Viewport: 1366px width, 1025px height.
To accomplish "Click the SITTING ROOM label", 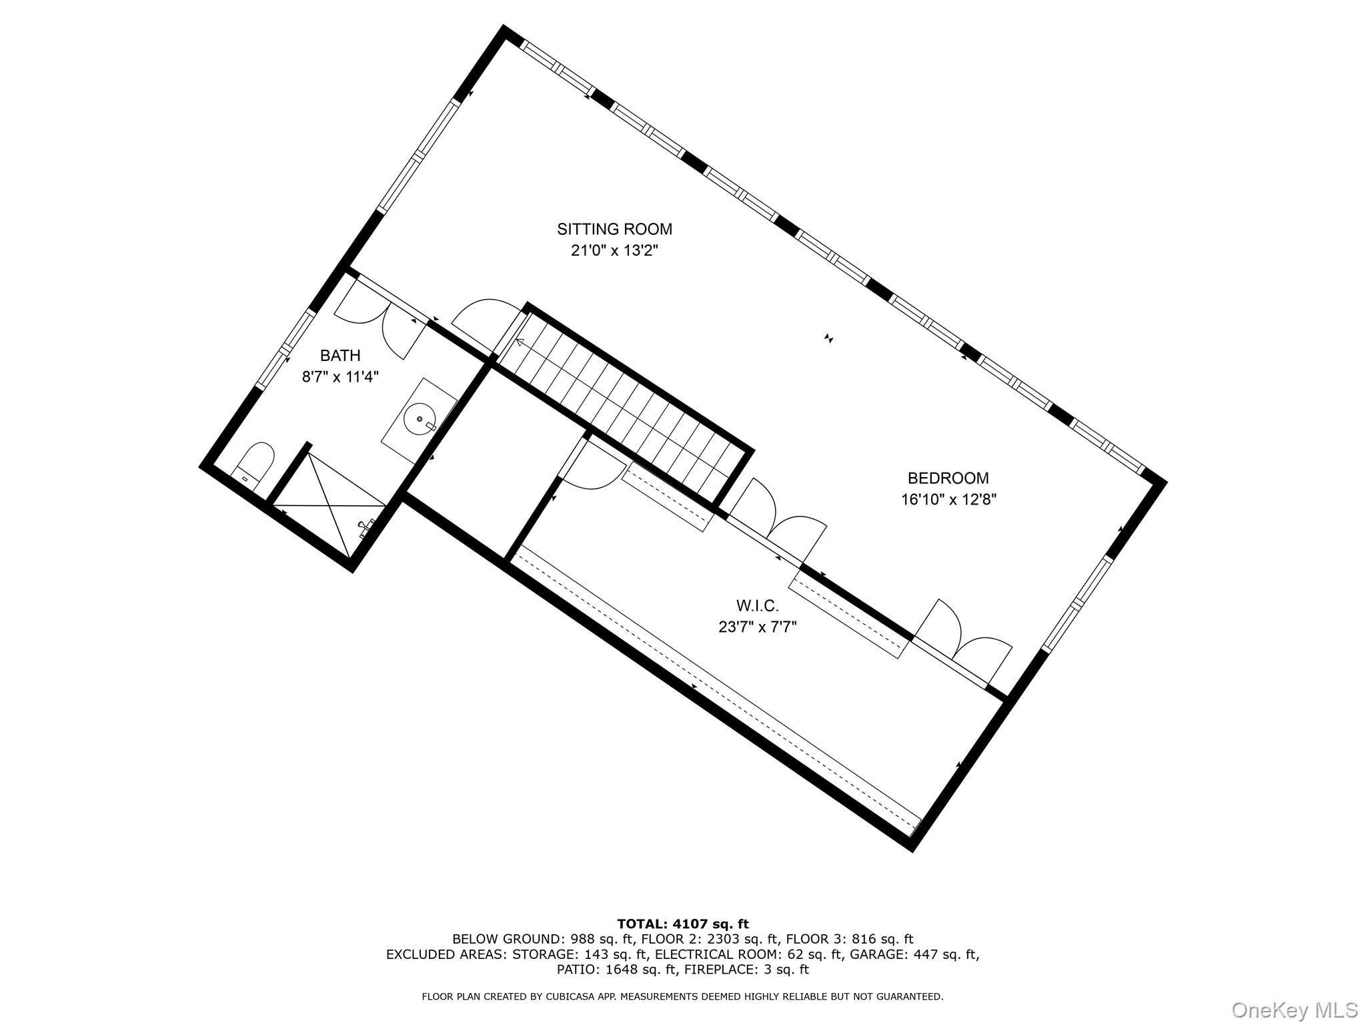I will (614, 230).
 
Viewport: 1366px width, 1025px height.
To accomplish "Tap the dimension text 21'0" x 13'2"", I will (614, 252).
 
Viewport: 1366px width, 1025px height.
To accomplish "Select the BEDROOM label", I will (948, 478).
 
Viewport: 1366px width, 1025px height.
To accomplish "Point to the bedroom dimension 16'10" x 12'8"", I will (948, 500).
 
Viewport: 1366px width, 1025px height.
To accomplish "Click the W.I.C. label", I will (757, 605).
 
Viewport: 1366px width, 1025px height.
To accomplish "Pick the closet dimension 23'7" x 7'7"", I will (757, 627).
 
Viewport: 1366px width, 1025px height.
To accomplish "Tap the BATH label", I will (340, 356).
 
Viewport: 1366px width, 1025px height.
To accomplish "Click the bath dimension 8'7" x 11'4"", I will (340, 377).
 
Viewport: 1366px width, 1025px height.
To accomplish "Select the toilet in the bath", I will (255, 462).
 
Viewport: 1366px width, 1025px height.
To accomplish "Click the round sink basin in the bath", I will (420, 419).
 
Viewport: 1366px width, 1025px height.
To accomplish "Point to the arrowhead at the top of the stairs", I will (519, 342).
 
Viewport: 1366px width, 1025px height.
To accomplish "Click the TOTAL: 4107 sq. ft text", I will (682, 924).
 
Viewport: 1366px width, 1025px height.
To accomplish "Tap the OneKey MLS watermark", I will (1294, 1010).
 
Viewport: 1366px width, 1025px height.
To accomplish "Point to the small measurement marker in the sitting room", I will (829, 338).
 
